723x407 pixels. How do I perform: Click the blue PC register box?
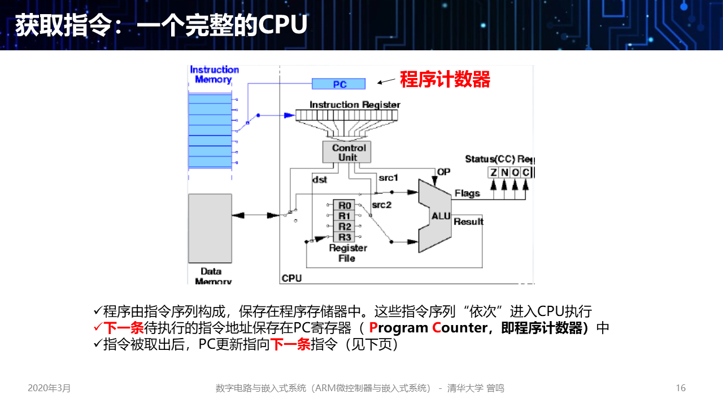[339, 84]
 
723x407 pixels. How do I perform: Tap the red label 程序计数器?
[445, 80]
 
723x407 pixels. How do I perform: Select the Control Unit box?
[349, 151]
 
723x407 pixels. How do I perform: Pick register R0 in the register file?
[345, 205]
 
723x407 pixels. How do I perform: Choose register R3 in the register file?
[345, 237]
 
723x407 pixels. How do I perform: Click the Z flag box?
[494, 172]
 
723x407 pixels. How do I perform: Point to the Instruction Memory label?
[214, 74]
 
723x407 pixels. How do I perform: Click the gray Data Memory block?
[210, 228]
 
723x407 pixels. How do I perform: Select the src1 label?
[388, 177]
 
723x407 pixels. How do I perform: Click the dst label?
[320, 180]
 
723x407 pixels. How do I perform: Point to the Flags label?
[467, 193]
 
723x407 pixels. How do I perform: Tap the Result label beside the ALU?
[468, 222]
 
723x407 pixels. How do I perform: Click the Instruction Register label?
[355, 105]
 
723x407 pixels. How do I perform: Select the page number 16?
[681, 388]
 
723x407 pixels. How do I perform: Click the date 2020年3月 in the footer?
[50, 388]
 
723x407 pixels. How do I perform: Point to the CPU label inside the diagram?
[291, 278]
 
